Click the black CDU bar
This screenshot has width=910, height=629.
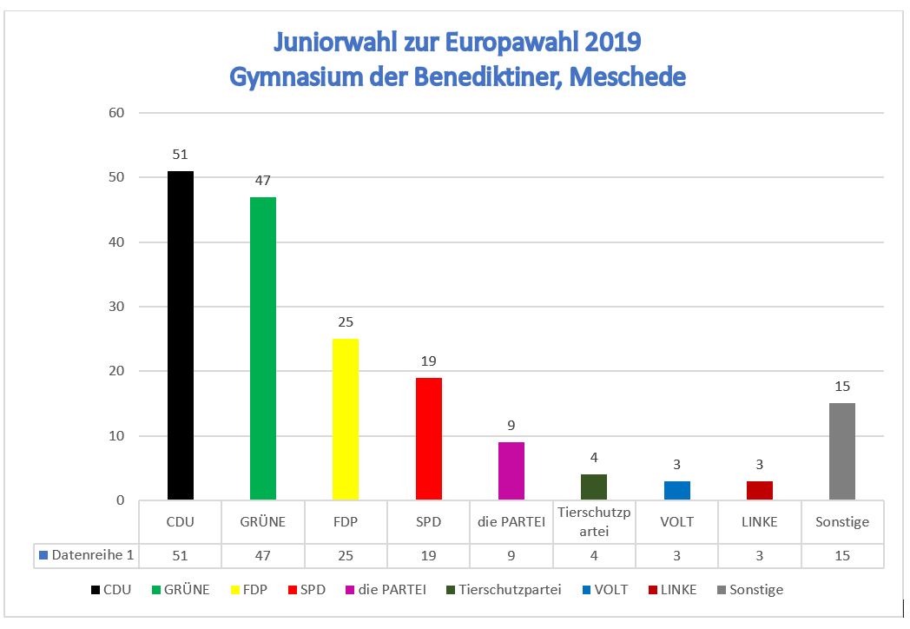181,335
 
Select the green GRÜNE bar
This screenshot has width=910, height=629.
263,348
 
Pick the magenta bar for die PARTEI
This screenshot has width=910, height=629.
511,471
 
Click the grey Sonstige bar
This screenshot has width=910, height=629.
842,452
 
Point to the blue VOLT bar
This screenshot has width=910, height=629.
677,490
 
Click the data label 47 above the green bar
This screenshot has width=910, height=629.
263,181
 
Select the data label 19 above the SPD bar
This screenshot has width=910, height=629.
429,361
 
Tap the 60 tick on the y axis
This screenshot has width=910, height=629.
117,113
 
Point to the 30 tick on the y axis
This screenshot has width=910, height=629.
117,307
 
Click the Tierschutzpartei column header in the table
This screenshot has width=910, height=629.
594,522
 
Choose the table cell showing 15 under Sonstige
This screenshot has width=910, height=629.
842,556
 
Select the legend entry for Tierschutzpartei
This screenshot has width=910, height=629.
504,590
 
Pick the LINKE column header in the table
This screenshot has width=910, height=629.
760,522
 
